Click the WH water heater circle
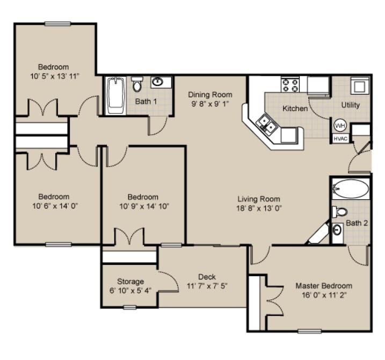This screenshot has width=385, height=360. (340, 125)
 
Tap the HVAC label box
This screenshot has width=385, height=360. (340, 138)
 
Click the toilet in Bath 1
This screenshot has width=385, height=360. (137, 84)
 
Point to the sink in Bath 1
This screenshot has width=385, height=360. (158, 82)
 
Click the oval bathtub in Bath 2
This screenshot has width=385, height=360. (351, 189)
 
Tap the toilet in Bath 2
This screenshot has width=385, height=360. (339, 212)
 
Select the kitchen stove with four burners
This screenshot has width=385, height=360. (290, 85)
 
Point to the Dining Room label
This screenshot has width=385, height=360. (210, 95)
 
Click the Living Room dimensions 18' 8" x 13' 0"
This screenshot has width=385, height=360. (259, 208)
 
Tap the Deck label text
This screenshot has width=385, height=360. (207, 277)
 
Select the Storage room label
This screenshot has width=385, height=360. (130, 281)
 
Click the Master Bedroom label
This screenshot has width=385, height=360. (324, 286)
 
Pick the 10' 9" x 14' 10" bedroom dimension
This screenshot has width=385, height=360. (143, 206)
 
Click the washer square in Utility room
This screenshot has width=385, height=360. (359, 85)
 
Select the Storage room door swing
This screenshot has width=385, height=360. (169, 280)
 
